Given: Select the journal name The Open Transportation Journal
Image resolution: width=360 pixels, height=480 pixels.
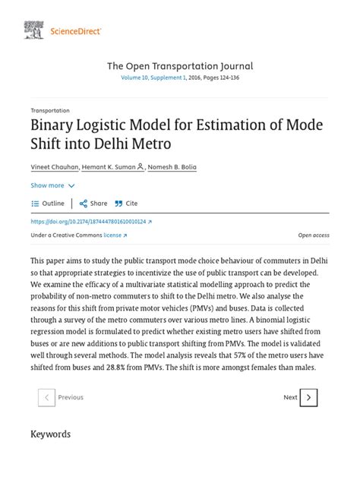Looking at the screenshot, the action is pyautogui.click(x=180, y=66).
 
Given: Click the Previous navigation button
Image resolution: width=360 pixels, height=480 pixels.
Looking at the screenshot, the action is pyautogui.click(x=62, y=397).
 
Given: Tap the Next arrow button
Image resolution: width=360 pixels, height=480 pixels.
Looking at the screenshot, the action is pyautogui.click(x=308, y=397).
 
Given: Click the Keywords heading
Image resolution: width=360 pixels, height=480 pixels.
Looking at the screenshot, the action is pyautogui.click(x=50, y=434).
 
